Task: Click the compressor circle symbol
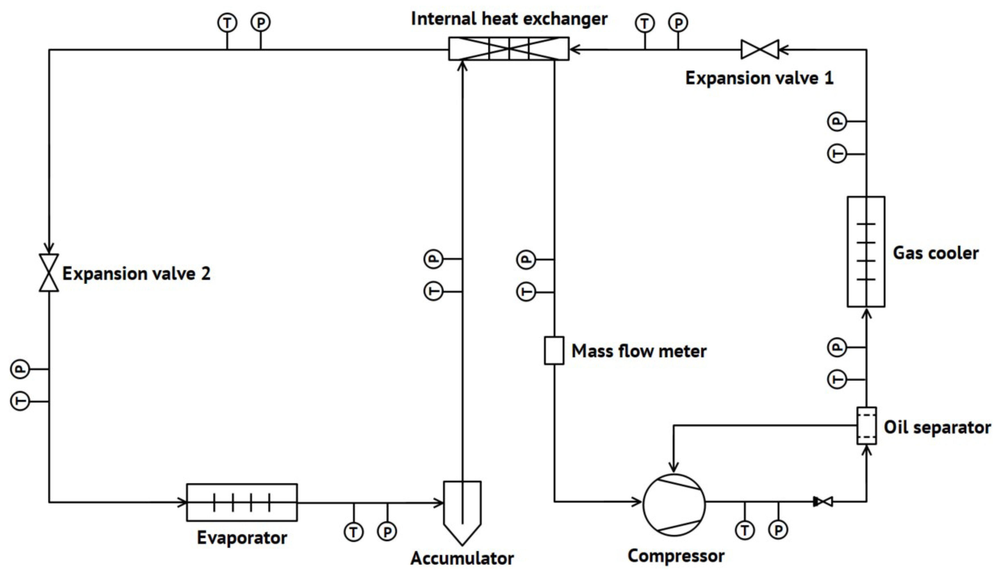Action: [674, 505]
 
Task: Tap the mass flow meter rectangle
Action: [554, 350]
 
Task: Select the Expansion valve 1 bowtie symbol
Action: [760, 49]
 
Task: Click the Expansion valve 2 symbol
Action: [49, 273]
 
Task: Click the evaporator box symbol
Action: [242, 502]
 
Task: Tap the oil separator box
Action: [867, 426]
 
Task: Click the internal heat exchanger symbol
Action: [509, 48]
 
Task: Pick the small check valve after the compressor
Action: [824, 502]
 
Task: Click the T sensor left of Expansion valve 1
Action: [645, 24]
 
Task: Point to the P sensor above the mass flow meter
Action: [526, 260]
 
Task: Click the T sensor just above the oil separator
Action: [837, 380]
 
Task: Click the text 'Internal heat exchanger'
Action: [509, 19]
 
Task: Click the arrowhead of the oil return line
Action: [674, 468]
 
